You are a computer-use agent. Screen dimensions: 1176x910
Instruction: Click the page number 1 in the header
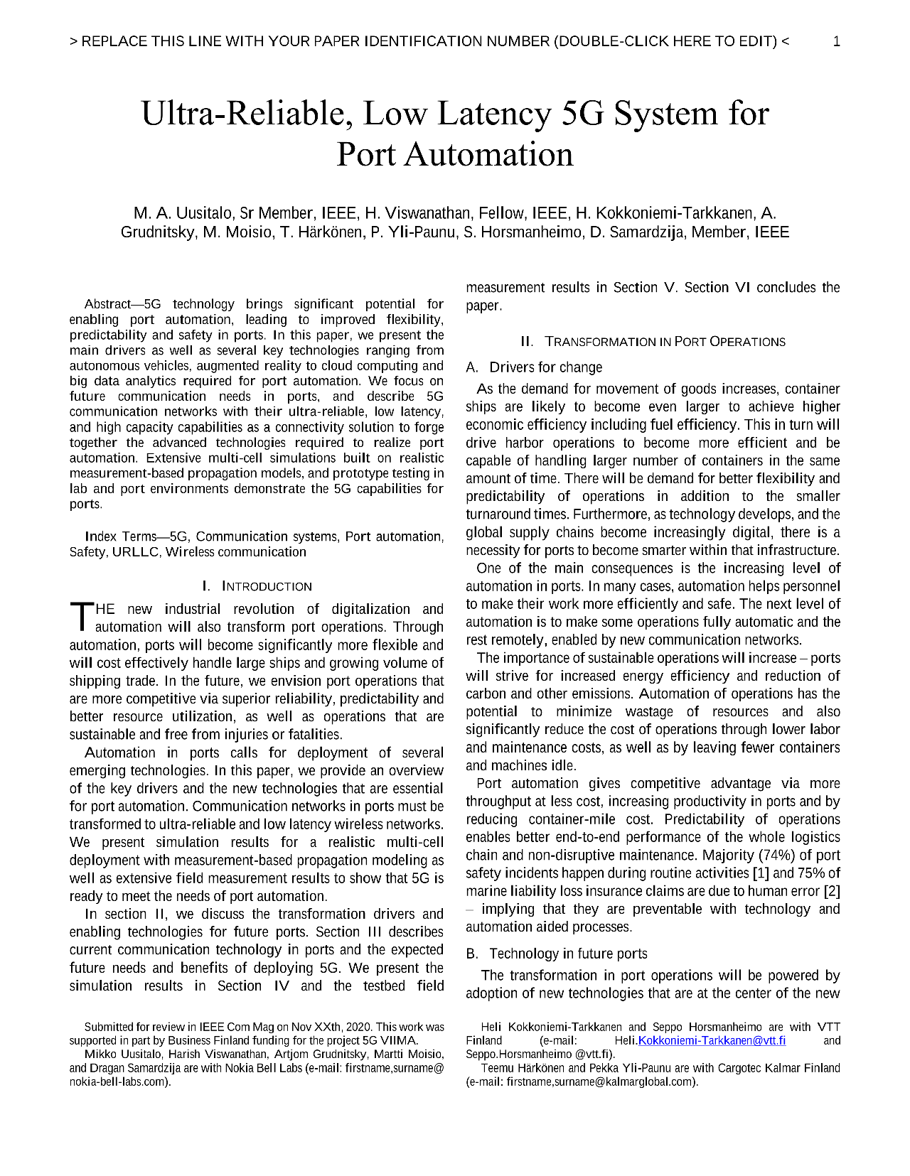pyautogui.click(x=836, y=41)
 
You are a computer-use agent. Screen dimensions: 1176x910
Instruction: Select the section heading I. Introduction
pyautogui.click(x=257, y=586)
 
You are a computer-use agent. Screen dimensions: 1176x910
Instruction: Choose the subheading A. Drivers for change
pyautogui.click(x=534, y=367)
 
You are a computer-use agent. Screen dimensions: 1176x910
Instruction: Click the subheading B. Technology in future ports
pyautogui.click(x=557, y=954)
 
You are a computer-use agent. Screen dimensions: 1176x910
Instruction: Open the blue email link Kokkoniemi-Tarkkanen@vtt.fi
pyautogui.click(x=712, y=1040)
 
